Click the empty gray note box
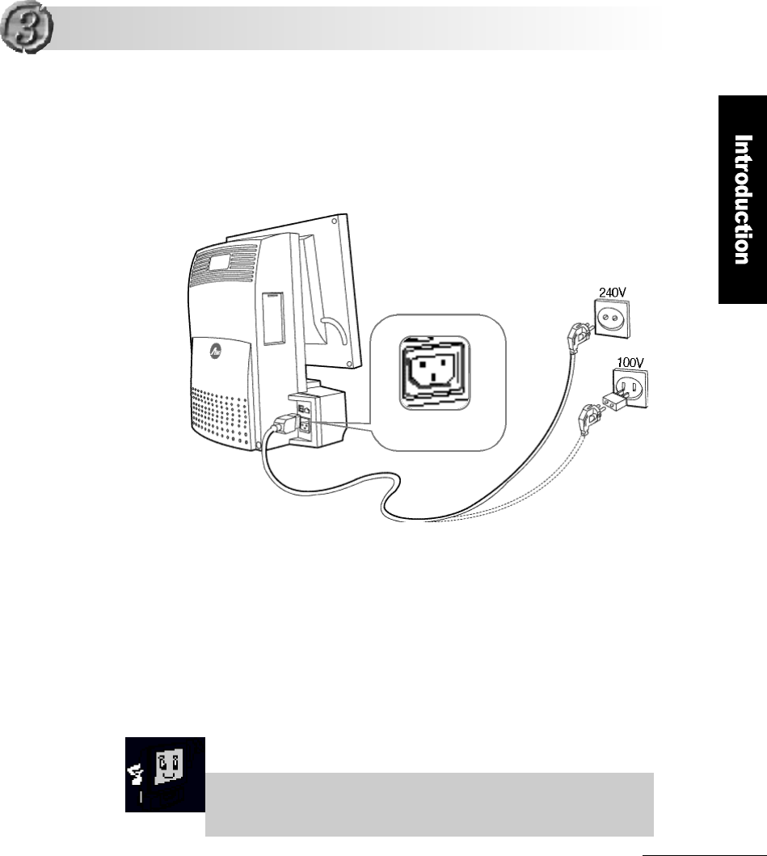point(429,803)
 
